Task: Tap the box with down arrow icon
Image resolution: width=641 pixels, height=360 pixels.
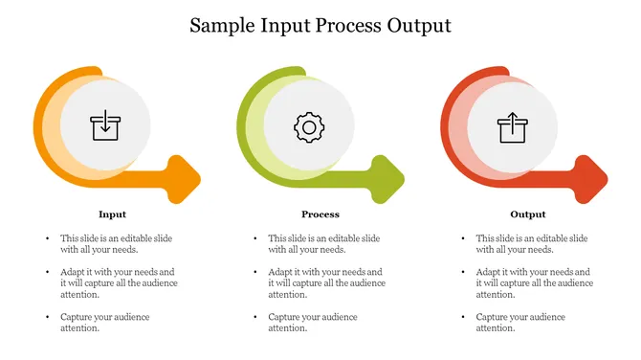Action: point(105,124)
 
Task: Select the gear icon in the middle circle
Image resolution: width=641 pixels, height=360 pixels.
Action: point(308,126)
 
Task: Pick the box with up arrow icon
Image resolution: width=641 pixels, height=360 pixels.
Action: point(512,126)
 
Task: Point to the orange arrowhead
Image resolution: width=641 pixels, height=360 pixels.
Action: point(185,178)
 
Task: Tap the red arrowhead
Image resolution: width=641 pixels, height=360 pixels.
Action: point(592,178)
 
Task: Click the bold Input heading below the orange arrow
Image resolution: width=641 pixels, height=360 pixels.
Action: point(112,214)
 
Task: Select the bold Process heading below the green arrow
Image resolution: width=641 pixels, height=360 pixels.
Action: point(320,214)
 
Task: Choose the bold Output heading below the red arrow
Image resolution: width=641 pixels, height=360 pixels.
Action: point(528,214)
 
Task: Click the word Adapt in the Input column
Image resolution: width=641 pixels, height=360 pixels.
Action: point(73,272)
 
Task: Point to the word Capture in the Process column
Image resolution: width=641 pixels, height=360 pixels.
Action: point(284,317)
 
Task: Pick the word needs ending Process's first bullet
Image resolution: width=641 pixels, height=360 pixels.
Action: point(331,250)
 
